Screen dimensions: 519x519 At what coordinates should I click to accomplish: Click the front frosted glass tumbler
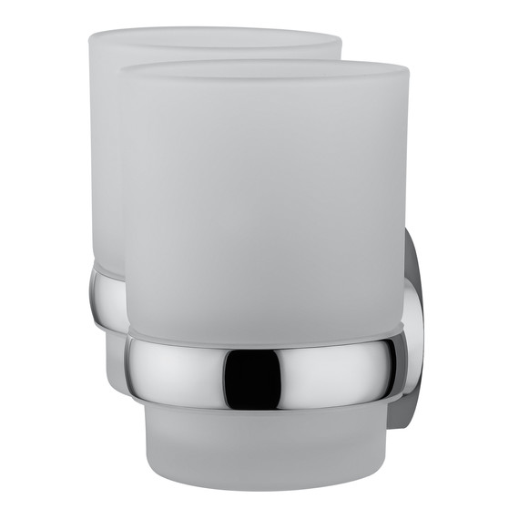264,200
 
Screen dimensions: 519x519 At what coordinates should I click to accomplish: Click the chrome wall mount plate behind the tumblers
414,328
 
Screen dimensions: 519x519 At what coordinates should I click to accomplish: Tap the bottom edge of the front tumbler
264,480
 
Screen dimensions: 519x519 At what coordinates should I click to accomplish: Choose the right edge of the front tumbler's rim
407,73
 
